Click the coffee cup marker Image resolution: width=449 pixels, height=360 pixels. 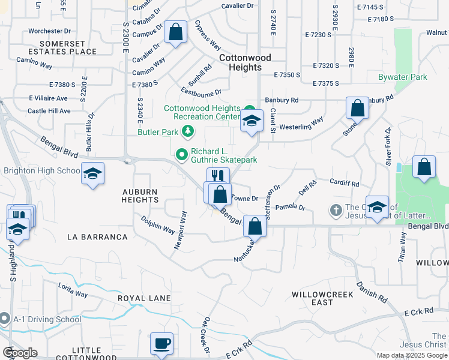pos(161,344)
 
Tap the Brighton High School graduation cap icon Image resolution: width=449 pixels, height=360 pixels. pos(92,173)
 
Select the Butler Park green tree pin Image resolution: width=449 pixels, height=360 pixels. pos(188,130)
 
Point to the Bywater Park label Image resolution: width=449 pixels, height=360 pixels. pos(402,77)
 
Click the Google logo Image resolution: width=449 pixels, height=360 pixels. pos(20,352)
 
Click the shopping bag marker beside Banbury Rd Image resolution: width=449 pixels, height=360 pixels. pos(357,109)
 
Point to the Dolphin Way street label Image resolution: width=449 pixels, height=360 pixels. pos(158,226)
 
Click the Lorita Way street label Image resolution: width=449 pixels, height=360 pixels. pos(73,292)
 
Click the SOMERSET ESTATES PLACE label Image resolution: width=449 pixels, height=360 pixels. pos(68,47)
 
